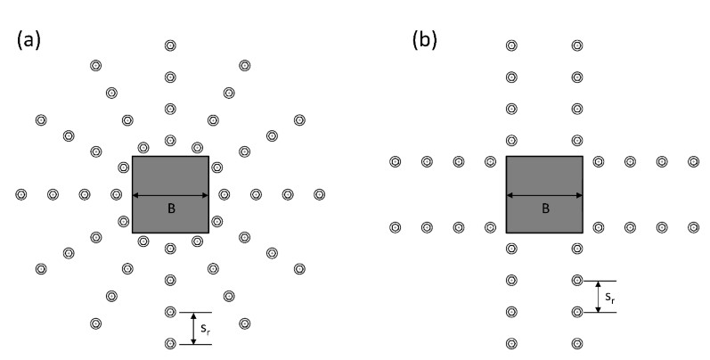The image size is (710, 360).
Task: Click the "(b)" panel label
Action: (x=423, y=40)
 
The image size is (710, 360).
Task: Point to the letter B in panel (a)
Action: (x=170, y=209)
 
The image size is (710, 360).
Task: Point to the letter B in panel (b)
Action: (x=544, y=209)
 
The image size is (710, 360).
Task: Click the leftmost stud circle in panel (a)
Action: (x=21, y=193)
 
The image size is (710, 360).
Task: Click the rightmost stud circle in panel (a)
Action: (x=319, y=193)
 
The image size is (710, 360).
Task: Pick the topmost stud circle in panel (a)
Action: (x=170, y=45)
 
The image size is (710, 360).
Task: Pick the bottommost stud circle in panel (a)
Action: (x=170, y=343)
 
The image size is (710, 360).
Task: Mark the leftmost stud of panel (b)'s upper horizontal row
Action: (x=396, y=161)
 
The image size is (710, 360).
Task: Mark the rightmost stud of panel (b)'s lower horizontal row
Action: (x=694, y=227)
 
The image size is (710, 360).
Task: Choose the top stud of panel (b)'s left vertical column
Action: (x=511, y=45)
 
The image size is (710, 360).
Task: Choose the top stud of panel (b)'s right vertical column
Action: (x=577, y=45)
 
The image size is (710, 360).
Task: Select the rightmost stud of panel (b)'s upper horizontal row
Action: (x=694, y=161)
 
